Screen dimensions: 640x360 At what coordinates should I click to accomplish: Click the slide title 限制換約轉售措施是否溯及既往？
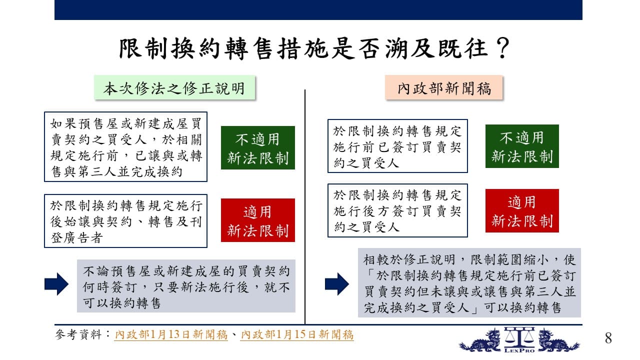pos(314,48)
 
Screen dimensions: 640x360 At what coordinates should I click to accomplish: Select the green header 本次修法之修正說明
pos(174,87)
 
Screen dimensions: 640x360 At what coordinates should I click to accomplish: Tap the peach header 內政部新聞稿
pos(444,87)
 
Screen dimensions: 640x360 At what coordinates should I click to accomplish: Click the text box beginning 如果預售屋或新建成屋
pos(125,147)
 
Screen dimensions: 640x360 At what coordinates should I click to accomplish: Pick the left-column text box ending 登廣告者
pos(125,221)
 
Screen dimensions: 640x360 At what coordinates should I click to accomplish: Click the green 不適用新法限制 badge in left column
pos(257,147)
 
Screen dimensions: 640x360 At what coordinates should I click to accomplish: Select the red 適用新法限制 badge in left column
pos(257,220)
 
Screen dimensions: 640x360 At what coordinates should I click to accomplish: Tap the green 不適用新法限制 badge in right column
pos(522,146)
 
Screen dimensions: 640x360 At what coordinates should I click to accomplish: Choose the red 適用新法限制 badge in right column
pos(522,210)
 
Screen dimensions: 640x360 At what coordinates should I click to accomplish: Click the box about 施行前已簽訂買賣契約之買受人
pos(397,146)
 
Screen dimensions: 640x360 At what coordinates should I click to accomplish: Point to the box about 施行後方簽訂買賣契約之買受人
pos(397,210)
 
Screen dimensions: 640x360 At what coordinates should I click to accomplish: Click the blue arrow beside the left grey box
pos(56,284)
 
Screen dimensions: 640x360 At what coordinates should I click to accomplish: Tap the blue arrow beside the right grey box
pos(337,284)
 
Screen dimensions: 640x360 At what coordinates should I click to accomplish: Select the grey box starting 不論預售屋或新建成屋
pos(186,286)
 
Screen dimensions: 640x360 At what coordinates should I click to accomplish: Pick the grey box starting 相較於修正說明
pos(469,282)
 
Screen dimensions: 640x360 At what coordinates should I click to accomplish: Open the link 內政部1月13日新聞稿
pos(171,334)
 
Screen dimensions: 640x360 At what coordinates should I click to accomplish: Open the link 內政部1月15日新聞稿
pos(297,334)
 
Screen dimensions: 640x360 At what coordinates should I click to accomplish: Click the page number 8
pos(608,338)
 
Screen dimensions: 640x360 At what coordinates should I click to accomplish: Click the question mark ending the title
pos(503,48)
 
